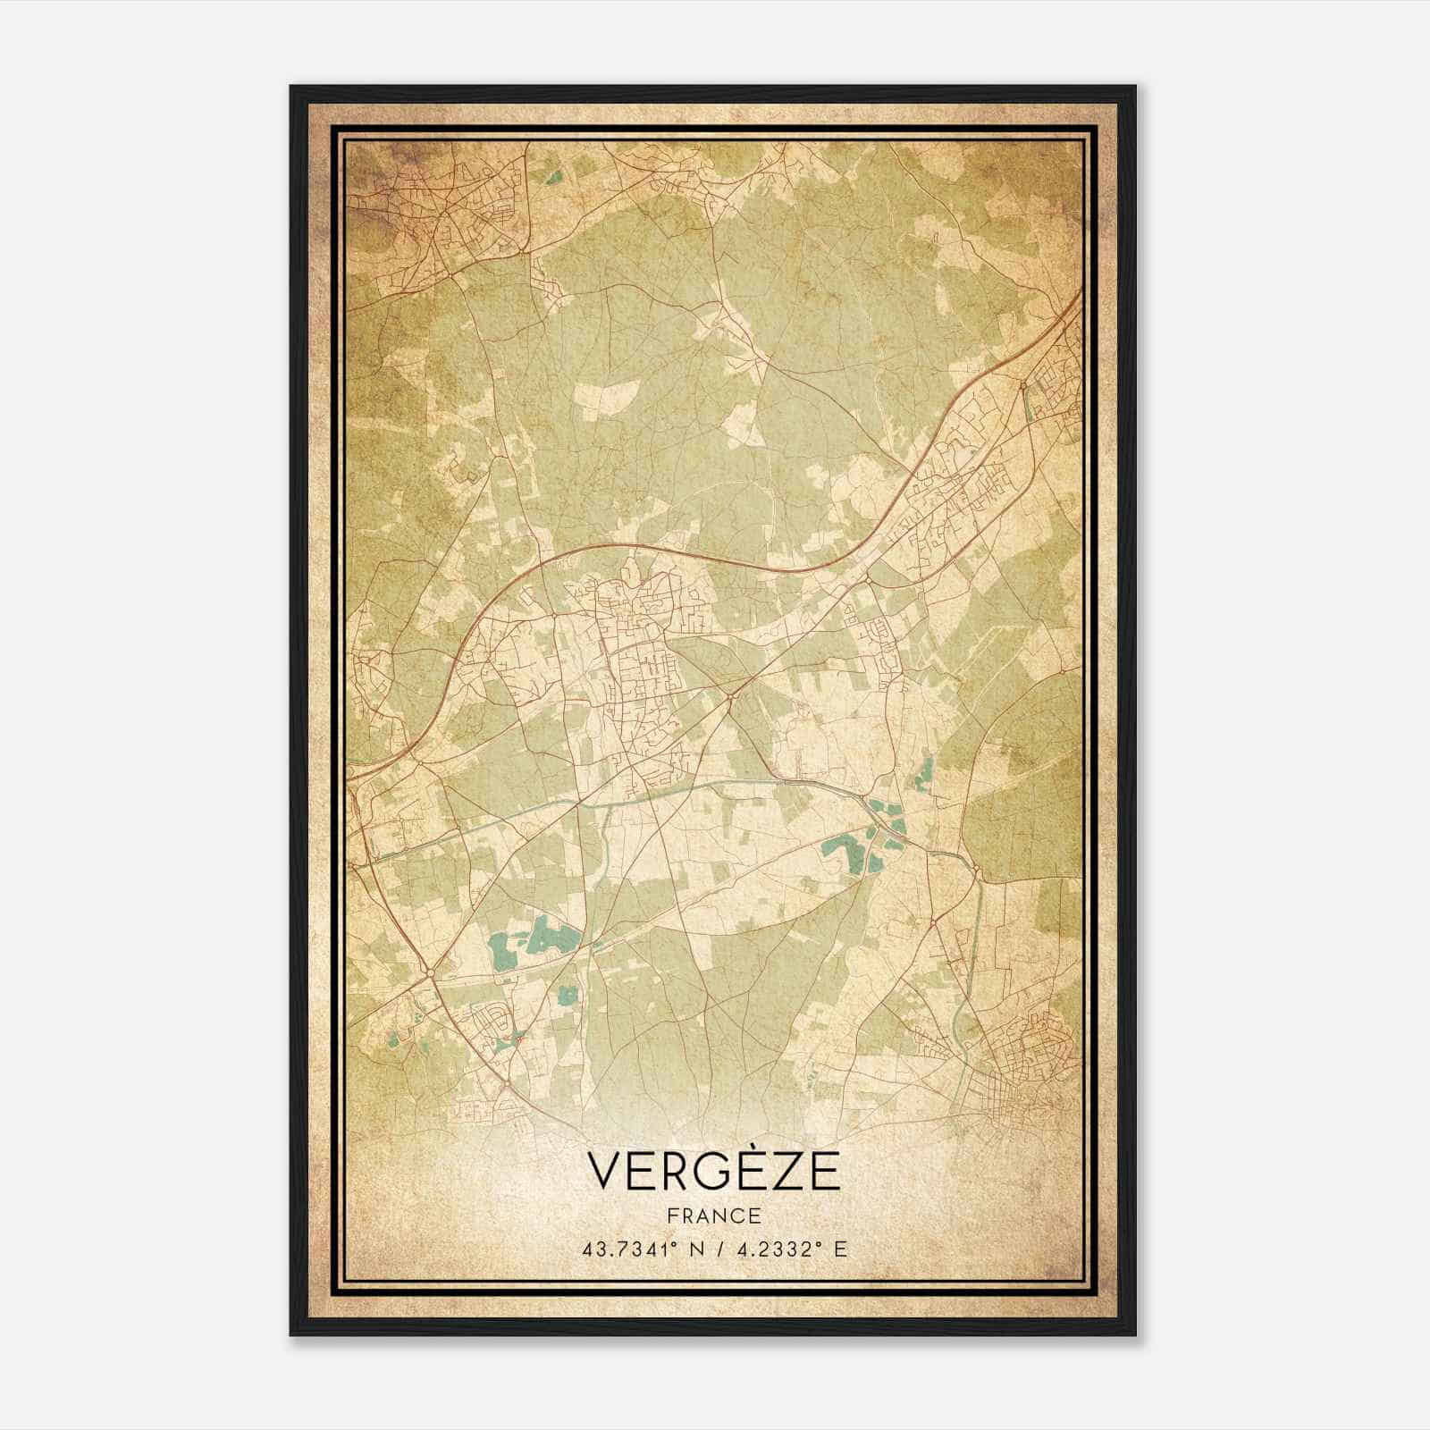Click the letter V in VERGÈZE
(607, 1172)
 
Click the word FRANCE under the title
(714, 1215)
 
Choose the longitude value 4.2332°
(776, 1249)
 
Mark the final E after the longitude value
(839, 1249)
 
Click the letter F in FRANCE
(671, 1215)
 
